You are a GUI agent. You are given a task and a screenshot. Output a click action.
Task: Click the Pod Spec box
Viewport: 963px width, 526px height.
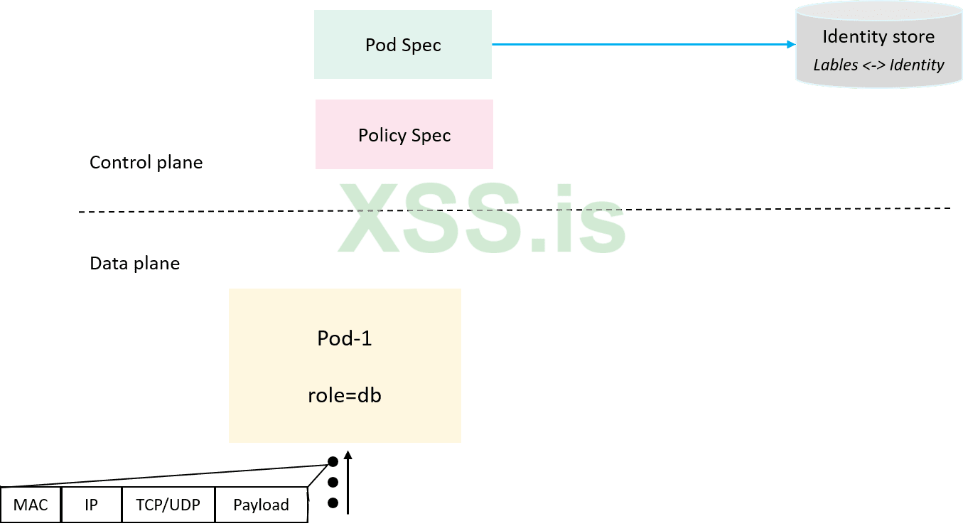pyautogui.click(x=403, y=45)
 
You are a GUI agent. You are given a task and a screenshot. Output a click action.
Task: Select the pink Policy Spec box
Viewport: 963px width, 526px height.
pyautogui.click(x=404, y=135)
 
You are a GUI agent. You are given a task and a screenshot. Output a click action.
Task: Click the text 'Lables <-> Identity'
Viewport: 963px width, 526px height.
pyautogui.click(x=878, y=65)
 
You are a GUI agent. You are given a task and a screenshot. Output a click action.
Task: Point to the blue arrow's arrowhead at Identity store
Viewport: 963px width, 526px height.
pyautogui.click(x=791, y=45)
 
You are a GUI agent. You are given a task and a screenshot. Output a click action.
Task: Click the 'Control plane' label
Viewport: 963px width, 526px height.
pyautogui.click(x=146, y=162)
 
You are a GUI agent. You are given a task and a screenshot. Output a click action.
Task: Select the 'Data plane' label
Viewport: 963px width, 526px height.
pyautogui.click(x=134, y=264)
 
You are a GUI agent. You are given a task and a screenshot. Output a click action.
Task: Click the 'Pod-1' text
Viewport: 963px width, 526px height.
pyautogui.click(x=345, y=338)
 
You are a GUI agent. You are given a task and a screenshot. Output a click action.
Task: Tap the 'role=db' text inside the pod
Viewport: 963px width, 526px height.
pyautogui.click(x=345, y=395)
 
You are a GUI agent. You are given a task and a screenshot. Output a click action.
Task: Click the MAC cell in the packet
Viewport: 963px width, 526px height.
pyautogui.click(x=31, y=505)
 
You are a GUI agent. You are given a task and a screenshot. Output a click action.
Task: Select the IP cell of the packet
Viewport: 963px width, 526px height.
pyautogui.click(x=91, y=505)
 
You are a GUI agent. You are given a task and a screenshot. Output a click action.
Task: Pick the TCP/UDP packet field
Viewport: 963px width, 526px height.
pyautogui.click(x=168, y=505)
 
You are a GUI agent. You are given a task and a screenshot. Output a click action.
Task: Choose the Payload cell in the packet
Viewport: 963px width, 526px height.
pyautogui.click(x=261, y=505)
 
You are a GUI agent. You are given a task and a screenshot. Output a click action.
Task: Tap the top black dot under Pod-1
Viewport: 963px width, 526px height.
pyautogui.click(x=333, y=462)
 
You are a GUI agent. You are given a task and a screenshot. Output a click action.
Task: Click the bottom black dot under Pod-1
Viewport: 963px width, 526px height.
pyautogui.click(x=333, y=503)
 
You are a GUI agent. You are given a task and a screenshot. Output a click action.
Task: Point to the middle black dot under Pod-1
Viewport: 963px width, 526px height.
pyautogui.click(x=333, y=483)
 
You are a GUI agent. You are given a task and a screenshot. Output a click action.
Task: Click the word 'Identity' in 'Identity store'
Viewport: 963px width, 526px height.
pyautogui.click(x=851, y=37)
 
